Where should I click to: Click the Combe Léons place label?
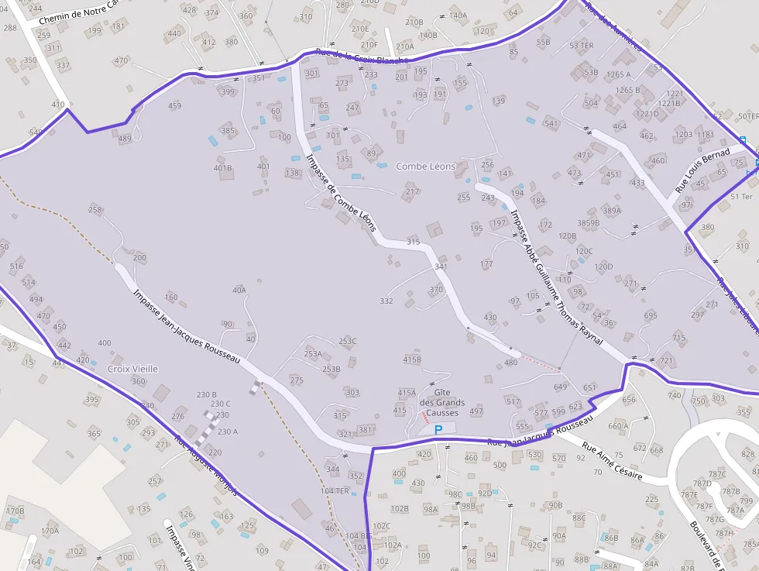coord(426,167)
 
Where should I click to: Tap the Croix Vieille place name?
coord(132,370)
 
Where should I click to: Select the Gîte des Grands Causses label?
coord(442,403)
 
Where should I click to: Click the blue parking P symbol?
coord(438,429)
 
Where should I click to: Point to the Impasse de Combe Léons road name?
coord(342,192)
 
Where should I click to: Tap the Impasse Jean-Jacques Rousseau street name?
coord(187,328)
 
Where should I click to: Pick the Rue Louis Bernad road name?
coord(702,170)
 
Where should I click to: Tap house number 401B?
coord(223,168)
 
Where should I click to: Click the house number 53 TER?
coord(581,46)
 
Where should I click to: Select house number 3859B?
coord(589,223)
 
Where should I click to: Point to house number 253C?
coord(348,341)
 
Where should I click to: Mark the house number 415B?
coord(413,359)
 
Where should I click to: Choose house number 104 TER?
coord(335,491)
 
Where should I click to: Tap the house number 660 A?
coord(619,426)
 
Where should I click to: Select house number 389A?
coord(612,211)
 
